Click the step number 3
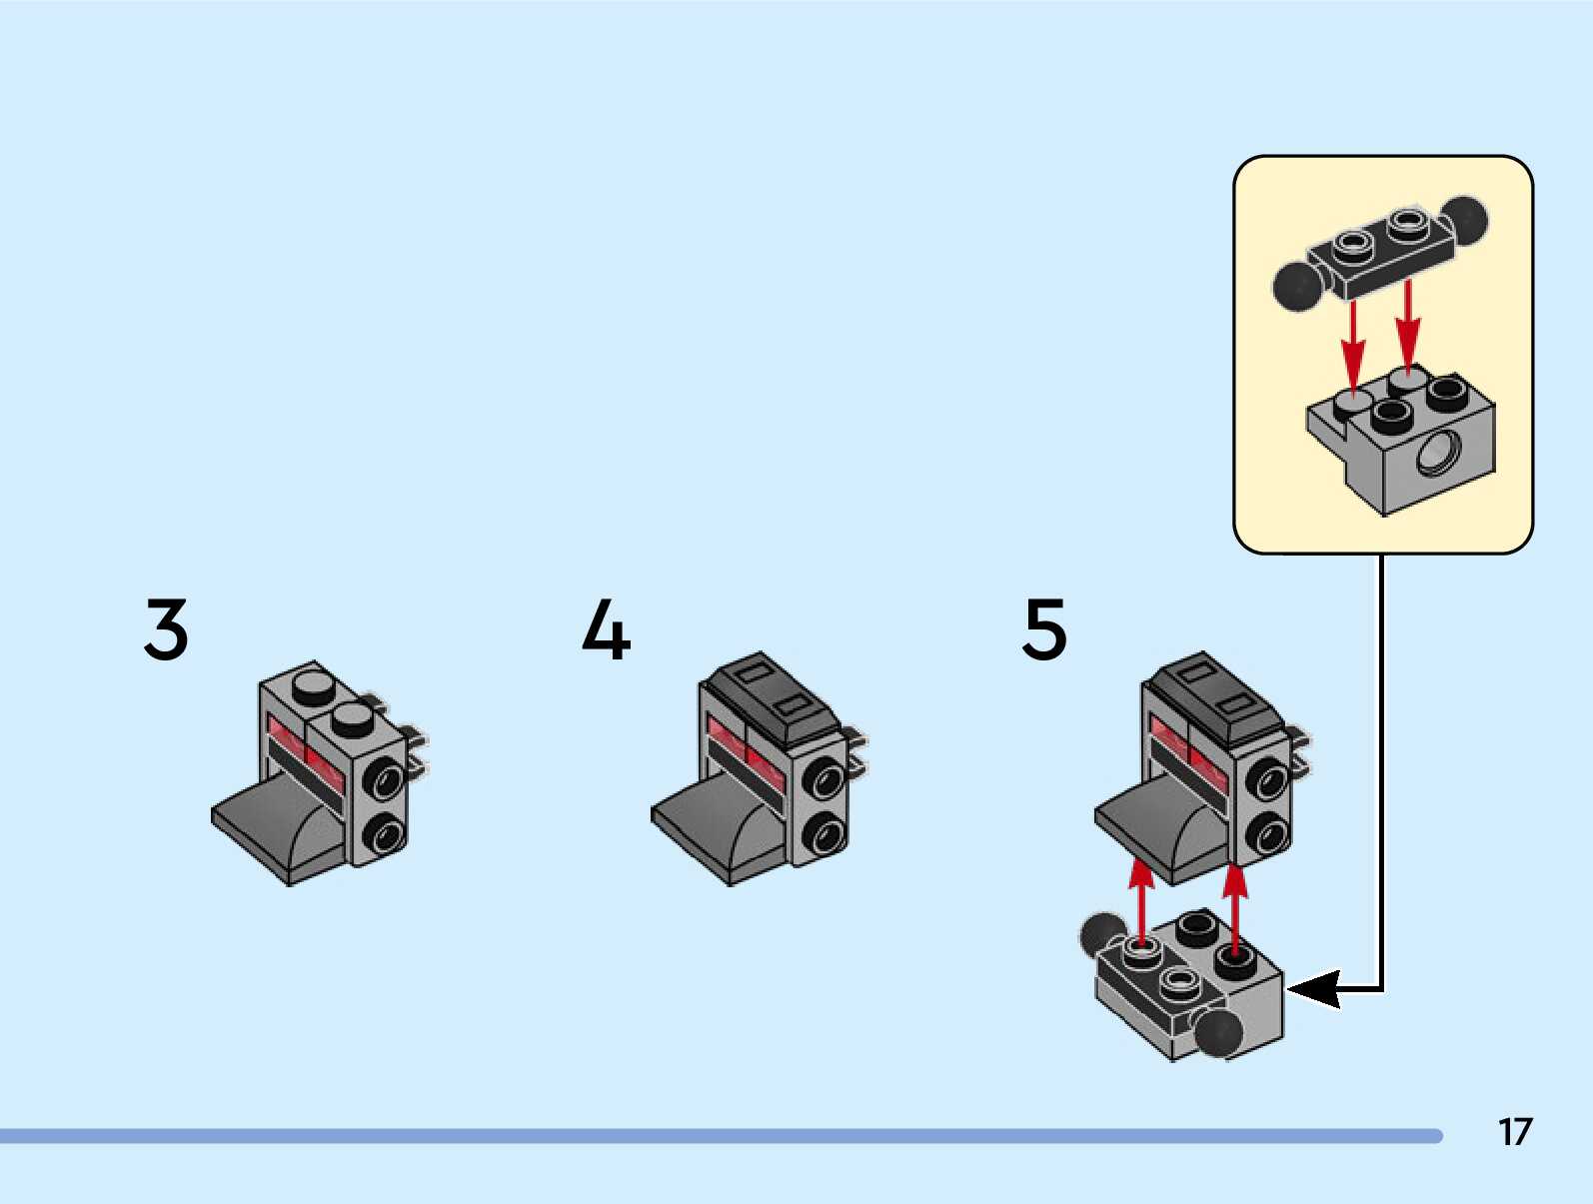pyautogui.click(x=166, y=629)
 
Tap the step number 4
pyautogui.click(x=606, y=629)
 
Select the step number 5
pyautogui.click(x=1044, y=629)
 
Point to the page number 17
pyautogui.click(x=1514, y=1131)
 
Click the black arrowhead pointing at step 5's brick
pyautogui.click(x=1315, y=989)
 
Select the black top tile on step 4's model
pyautogui.click(x=771, y=694)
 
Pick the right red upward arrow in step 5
pyautogui.click(x=1235, y=907)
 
